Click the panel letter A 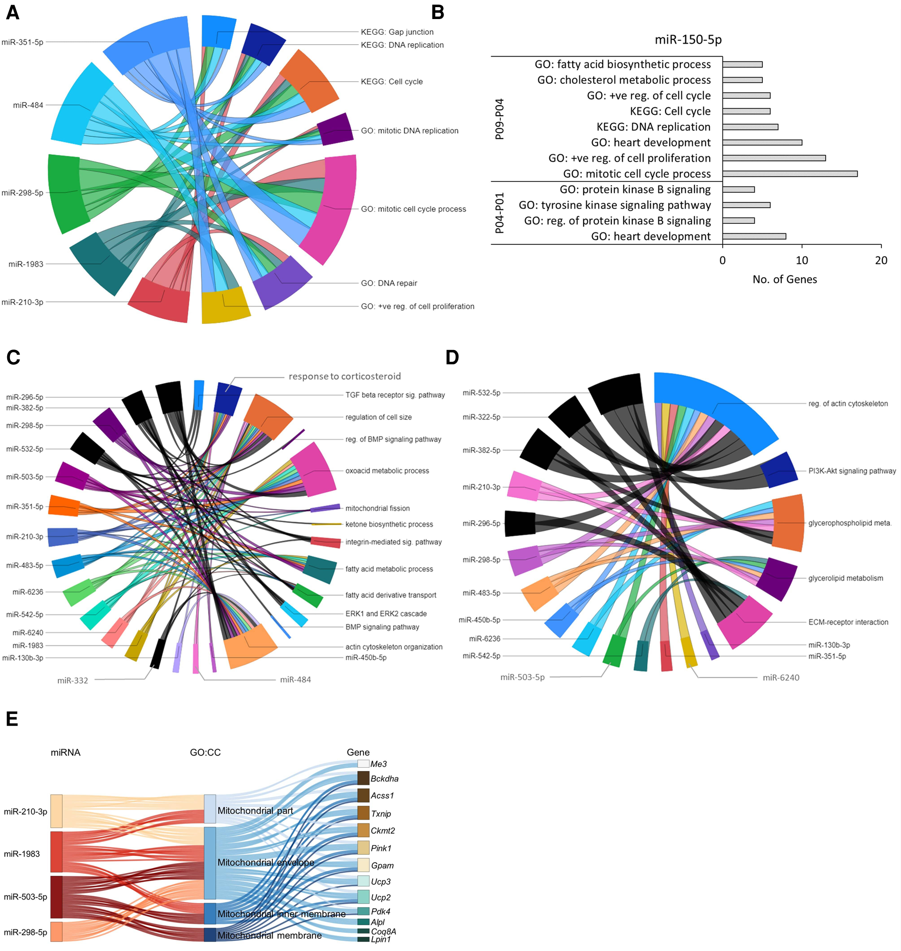12,12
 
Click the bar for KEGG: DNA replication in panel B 749,127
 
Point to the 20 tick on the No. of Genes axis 881,260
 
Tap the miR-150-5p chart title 688,40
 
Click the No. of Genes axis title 784,280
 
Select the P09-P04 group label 499,119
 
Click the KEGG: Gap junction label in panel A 397,32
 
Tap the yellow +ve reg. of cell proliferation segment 225,305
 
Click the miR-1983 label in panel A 26,264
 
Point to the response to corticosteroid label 344,376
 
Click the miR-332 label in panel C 72,680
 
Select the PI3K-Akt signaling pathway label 851,471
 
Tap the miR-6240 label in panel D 781,677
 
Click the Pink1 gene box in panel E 363,848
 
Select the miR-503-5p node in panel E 56,897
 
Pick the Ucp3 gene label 380,881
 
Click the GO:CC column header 205,752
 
